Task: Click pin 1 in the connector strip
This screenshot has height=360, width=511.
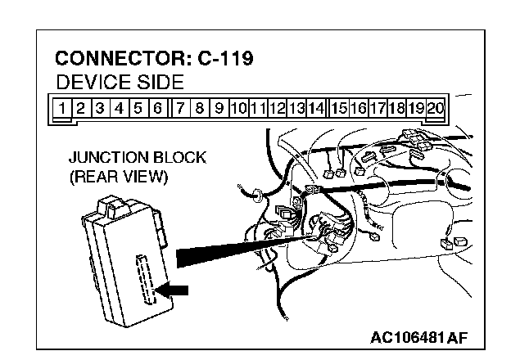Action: point(62,107)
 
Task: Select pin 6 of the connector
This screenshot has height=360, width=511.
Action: point(157,107)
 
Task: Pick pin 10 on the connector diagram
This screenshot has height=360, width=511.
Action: point(239,107)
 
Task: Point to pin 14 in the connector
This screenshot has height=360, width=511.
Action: point(317,107)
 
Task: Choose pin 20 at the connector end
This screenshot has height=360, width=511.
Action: point(436,107)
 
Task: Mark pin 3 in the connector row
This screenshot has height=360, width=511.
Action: point(100,107)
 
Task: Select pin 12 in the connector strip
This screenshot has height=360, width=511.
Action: point(278,107)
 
